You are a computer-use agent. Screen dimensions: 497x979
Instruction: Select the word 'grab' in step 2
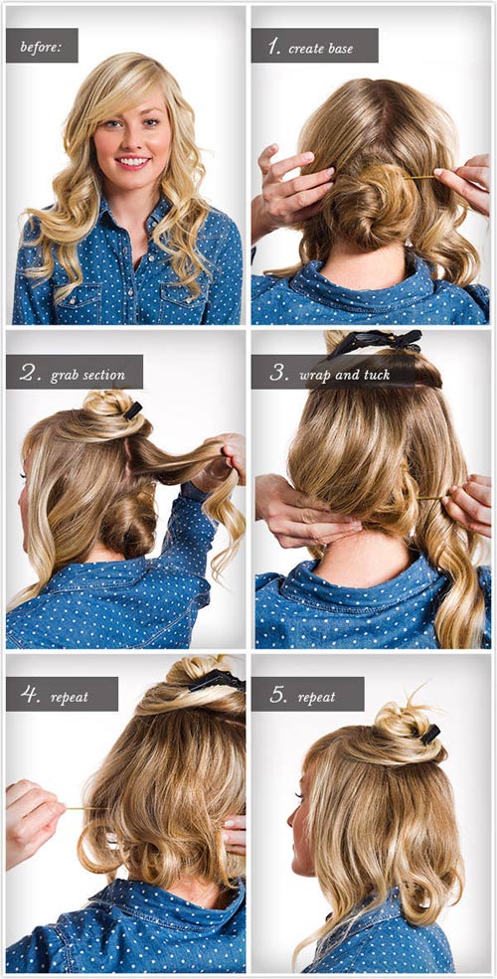[65, 376]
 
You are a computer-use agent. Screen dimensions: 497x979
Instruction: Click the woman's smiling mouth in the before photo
[133, 161]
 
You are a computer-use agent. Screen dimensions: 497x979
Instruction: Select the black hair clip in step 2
[132, 410]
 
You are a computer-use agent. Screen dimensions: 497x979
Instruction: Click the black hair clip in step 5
[430, 734]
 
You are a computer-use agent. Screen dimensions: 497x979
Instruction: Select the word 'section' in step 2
[103, 376]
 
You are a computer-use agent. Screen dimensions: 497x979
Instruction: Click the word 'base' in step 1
[340, 48]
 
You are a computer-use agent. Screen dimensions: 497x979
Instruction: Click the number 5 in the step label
[276, 695]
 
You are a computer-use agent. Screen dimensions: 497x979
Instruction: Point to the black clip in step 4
[217, 680]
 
